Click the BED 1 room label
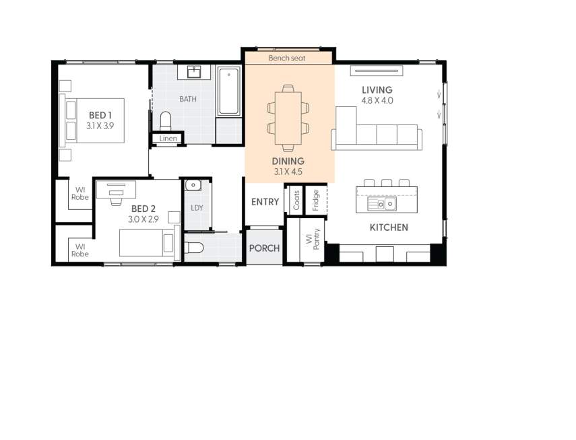coord(99,115)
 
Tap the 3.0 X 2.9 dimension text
coord(143,219)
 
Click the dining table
coord(288,118)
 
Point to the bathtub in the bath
coord(229,91)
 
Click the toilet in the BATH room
coord(166,120)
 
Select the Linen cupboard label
coord(168,139)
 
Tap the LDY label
coord(197,208)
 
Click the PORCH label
coord(264,248)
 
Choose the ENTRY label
coord(265,203)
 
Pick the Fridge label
coord(315,200)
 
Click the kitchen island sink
coord(381,203)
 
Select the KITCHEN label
coord(389,227)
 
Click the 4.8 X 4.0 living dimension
coord(377,100)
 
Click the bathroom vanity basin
coord(195,72)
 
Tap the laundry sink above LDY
coord(193,184)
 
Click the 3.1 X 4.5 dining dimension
coord(288,172)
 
